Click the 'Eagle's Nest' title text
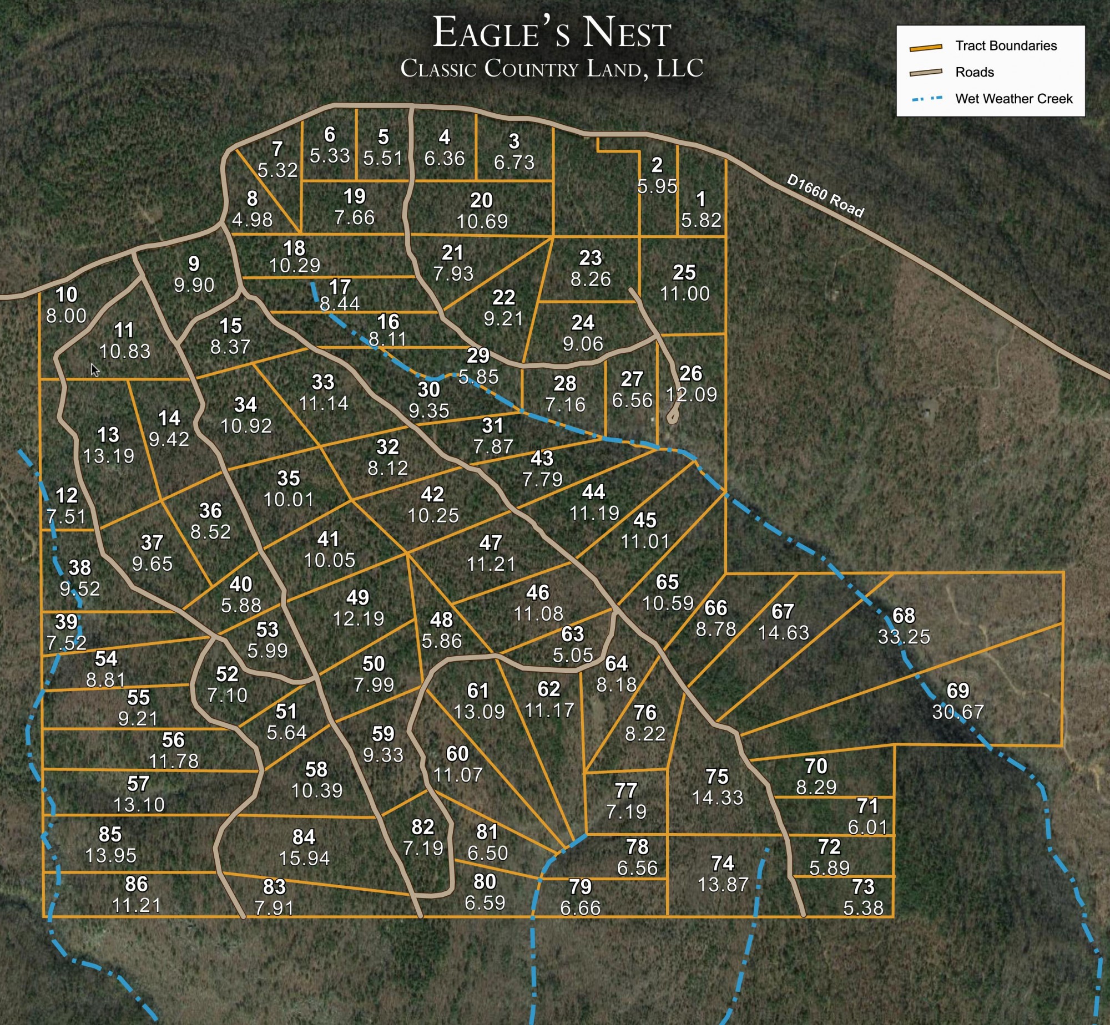[552, 33]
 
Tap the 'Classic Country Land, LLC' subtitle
[552, 68]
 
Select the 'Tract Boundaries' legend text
[1006, 45]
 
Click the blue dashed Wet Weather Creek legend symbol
[927, 99]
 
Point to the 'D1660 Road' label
[825, 196]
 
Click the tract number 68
[904, 616]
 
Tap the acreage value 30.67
[958, 712]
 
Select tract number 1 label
[701, 199]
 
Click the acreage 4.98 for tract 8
[252, 220]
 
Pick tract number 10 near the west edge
[66, 295]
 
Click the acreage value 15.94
[304, 858]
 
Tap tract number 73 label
[863, 887]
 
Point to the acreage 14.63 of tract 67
[783, 633]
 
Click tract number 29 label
[478, 355]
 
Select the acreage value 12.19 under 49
[358, 618]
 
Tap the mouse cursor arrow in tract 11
[95, 370]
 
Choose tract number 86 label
[137, 884]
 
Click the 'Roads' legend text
[974, 72]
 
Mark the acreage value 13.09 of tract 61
[479, 712]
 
